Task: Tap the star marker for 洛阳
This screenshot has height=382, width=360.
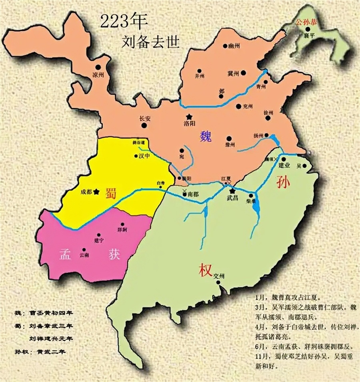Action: [x=188, y=117]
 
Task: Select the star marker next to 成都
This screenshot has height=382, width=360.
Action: [x=96, y=192]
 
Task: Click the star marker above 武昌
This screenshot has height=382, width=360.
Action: [x=232, y=191]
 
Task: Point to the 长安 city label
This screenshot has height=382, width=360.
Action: [x=144, y=119]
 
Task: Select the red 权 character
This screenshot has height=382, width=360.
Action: [x=204, y=271]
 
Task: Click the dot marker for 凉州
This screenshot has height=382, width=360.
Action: [x=98, y=68]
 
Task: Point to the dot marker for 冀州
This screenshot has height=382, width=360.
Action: [x=243, y=73]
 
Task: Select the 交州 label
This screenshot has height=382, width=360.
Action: [x=220, y=276]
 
